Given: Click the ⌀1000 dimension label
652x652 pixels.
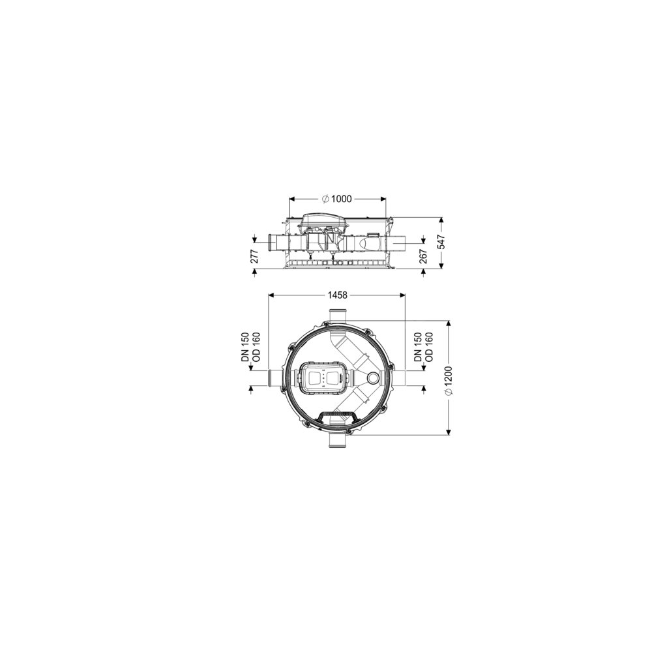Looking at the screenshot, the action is pos(337,199).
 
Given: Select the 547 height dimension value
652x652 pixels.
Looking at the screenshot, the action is pos(441,243).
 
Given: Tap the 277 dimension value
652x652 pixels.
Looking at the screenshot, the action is pos(255,256).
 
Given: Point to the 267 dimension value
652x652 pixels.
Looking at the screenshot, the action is pos(423,256).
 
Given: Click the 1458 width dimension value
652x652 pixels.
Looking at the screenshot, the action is pos(337,295).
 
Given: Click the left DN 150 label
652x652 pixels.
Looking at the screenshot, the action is pos(245,348).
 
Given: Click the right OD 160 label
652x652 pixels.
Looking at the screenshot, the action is pos(430,348).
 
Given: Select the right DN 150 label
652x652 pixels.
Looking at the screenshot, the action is pos(419,348).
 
